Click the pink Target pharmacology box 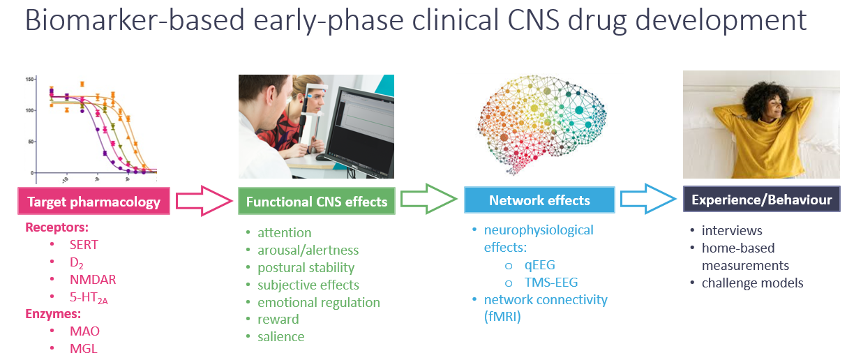pos(93,202)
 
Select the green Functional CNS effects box pos(317,202)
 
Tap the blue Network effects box pos(539,200)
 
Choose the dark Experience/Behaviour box pos(761,200)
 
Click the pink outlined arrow pos(203,201)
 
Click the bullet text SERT pos(84,245)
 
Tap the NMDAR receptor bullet pos(93,280)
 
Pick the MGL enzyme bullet pos(83,349)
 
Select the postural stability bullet pos(306,267)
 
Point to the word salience pos(280,336)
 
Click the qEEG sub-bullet pos(539,265)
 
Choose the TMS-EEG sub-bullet pos(550,283)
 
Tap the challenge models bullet pos(753,283)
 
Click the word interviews pos(732,230)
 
